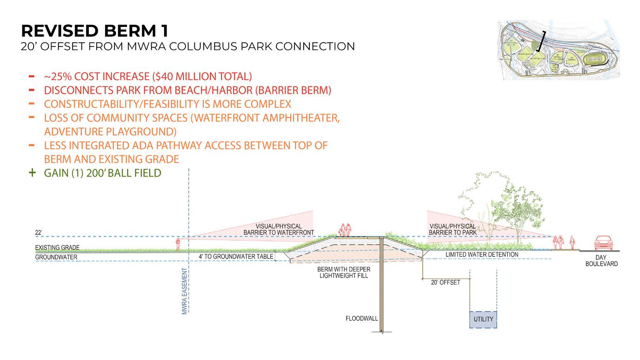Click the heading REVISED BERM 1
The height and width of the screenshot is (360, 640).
point(94,31)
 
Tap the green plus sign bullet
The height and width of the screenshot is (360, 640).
point(32,173)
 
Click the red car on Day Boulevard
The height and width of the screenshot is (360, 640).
point(603,243)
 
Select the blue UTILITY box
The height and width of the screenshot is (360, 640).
point(483,320)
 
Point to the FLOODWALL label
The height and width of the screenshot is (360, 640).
point(361,319)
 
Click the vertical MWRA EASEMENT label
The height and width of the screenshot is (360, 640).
point(185,292)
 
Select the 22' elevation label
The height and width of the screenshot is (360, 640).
point(39,232)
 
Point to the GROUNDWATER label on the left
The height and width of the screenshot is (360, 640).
point(56,257)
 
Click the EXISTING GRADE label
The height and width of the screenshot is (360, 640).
point(57,247)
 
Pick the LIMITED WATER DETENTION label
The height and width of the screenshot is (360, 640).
point(482,254)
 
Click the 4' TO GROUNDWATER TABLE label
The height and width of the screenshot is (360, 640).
point(236,256)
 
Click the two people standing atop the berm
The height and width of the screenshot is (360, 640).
point(345,230)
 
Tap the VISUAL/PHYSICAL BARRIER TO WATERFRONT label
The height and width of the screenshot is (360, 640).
point(279,229)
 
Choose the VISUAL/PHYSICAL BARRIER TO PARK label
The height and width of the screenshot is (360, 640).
point(453,229)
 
